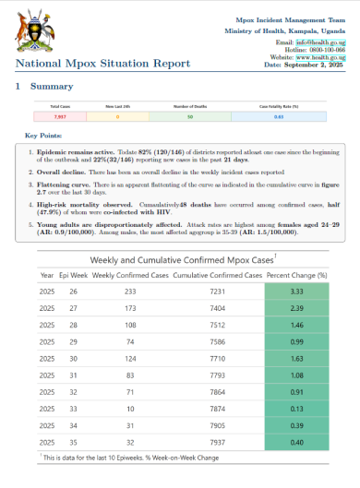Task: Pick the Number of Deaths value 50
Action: tap(189, 116)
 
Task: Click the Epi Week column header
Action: tap(73, 275)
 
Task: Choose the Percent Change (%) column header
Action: tap(297, 275)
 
